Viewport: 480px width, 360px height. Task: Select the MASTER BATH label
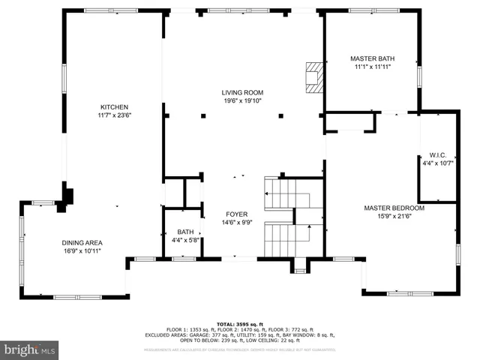point(372,58)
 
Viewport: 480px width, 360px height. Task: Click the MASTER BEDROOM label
point(394,208)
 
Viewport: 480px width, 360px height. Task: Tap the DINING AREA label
point(82,242)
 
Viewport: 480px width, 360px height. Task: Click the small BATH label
point(184,232)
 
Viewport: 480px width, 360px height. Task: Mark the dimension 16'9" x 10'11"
point(82,250)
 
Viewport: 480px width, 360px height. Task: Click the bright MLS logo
point(30,349)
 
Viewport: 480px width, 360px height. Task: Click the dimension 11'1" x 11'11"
point(372,67)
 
